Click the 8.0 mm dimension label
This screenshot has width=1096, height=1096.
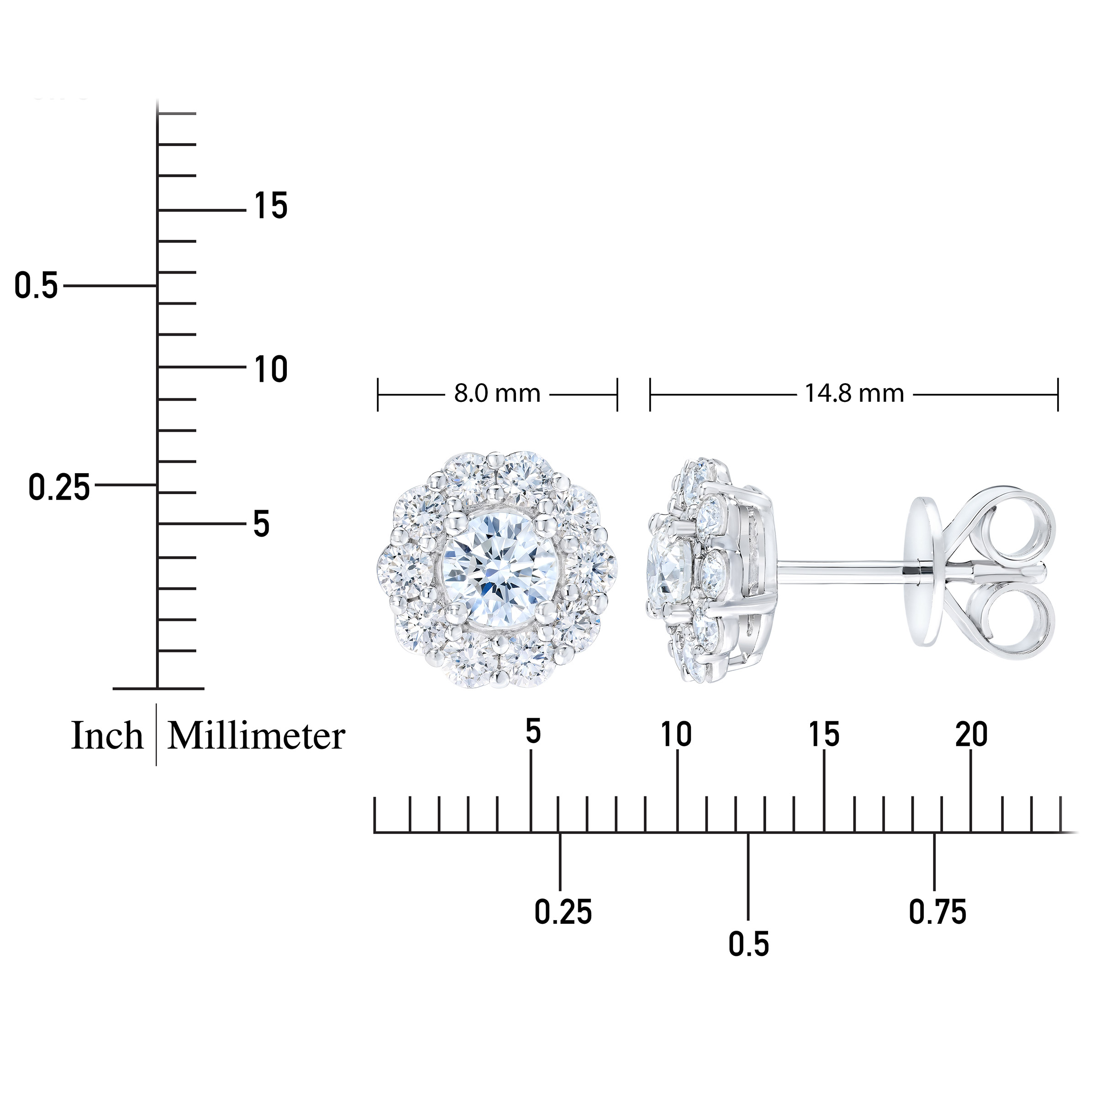pyautogui.click(x=497, y=394)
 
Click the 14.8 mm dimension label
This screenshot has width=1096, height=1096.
pyautogui.click(x=854, y=394)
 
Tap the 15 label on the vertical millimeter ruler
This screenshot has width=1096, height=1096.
pyautogui.click(x=271, y=205)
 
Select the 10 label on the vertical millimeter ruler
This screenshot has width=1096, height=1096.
pyautogui.click(x=271, y=370)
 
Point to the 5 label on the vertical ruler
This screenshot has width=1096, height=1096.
pyautogui.click(x=261, y=524)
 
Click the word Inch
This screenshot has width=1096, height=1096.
pyautogui.click(x=107, y=736)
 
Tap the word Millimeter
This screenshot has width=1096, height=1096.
pyautogui.click(x=256, y=736)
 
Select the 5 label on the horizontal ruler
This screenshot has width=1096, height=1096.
pyautogui.click(x=532, y=731)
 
